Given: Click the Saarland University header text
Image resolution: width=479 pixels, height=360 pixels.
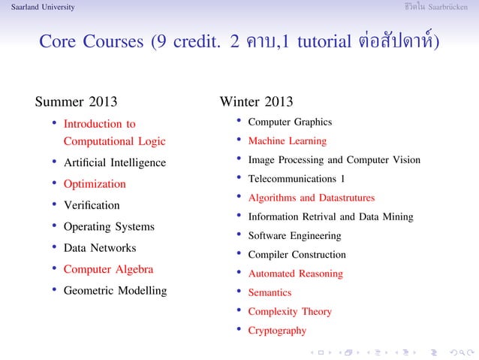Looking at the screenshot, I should click(x=38, y=7).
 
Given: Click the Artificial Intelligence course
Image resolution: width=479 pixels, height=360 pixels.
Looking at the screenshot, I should click(x=115, y=162).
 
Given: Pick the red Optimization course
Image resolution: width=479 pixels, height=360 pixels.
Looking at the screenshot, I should click(x=95, y=183).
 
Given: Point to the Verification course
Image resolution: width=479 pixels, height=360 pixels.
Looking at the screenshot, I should click(x=92, y=204).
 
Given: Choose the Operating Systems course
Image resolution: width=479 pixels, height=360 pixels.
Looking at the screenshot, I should click(x=109, y=226).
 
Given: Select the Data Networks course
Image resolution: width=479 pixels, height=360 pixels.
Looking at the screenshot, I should click(x=100, y=247).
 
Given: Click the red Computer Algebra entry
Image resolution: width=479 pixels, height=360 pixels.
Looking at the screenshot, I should click(x=108, y=269).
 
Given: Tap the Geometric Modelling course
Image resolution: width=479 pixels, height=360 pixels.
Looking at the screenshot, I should click(x=115, y=290).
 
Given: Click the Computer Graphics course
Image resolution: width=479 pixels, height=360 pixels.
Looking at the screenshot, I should click(x=290, y=122).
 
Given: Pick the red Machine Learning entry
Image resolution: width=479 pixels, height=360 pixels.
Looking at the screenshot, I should click(x=288, y=141).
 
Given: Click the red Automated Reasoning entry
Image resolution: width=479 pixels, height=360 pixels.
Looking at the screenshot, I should click(x=295, y=274).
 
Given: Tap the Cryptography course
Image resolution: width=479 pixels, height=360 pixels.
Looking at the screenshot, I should click(x=277, y=330).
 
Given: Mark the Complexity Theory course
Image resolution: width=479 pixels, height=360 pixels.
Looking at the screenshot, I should click(x=290, y=311).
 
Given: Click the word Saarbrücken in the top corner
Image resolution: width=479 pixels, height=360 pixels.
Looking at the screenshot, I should click(x=454, y=7).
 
